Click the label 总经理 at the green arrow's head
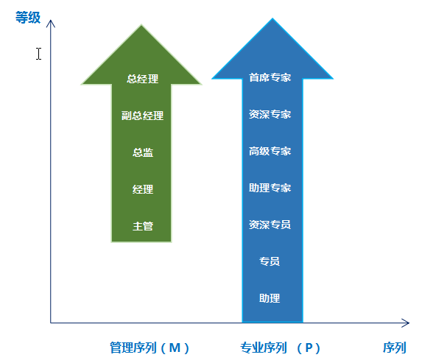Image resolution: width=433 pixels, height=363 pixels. pos(143,79)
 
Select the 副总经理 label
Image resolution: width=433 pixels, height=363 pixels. pos(143,116)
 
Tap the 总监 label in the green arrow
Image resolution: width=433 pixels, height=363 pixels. pos(143,152)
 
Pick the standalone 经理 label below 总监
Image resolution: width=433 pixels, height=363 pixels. pos(143,189)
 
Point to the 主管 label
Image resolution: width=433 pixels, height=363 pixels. pos(143,226)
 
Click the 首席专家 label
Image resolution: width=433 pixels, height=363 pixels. pos(270,77)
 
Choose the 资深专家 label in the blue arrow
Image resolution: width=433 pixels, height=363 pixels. pos(270,114)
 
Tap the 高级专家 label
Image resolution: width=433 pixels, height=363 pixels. pos(270,151)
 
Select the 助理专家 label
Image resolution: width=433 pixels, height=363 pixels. pos(270,188)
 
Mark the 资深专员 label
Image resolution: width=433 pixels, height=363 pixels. pos(270,225)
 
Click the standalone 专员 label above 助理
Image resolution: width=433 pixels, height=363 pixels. pos(270,261)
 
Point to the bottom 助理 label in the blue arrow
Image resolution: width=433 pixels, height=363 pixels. pos(270,298)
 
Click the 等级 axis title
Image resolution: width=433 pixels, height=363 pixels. pos(28,18)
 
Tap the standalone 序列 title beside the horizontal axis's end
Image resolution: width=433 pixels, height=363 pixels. pos(395,348)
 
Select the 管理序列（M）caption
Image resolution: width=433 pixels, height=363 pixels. pos(149,348)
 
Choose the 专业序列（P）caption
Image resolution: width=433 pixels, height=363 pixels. pos(281,348)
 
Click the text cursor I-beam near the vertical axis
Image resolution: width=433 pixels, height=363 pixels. pos(38,54)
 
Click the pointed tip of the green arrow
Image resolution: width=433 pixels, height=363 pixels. pos(141,25)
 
